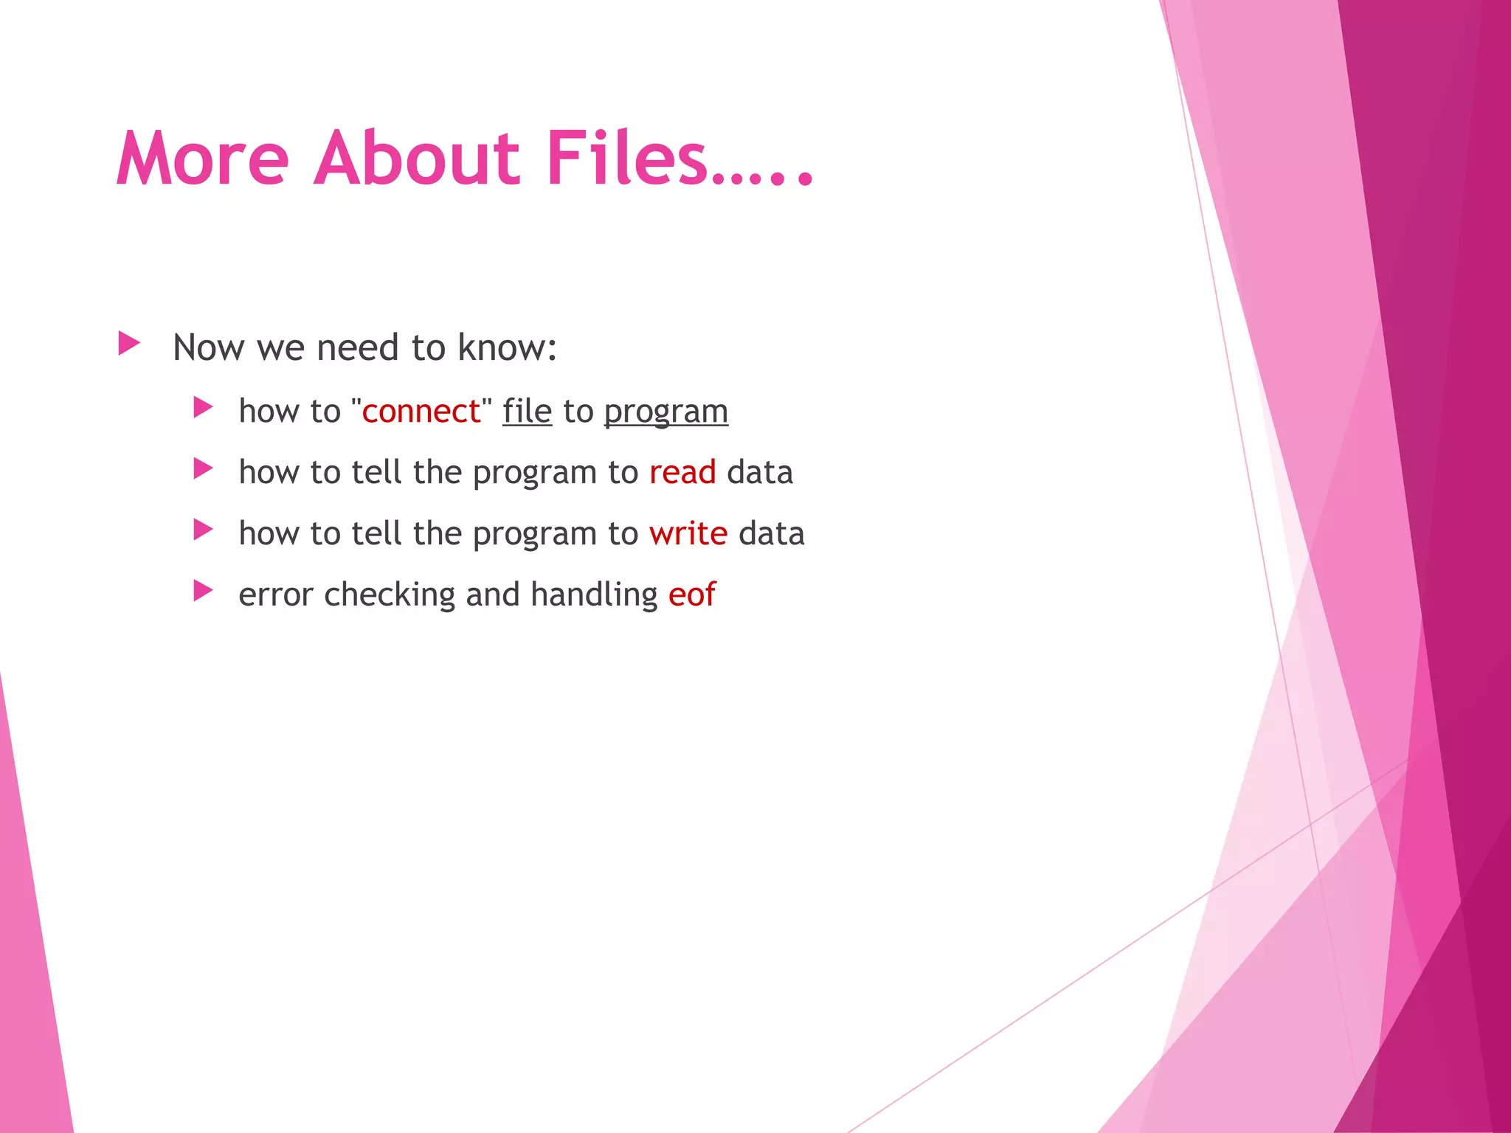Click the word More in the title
tap(203, 158)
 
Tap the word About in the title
tap(417, 158)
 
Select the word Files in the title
tap(627, 158)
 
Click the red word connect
tap(421, 412)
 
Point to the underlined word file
tap(527, 412)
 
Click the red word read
tap(682, 473)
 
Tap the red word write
tap(688, 534)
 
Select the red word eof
tap(691, 595)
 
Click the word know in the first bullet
tap(506, 347)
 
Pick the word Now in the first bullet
tap(208, 347)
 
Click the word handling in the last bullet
tap(594, 595)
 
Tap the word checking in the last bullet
tap(390, 595)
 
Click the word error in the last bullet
tap(276, 595)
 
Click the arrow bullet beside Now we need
tap(129, 343)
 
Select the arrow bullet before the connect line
tap(203, 407)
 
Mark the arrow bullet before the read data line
tap(203, 468)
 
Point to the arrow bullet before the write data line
tap(203, 530)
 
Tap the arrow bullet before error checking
tap(203, 590)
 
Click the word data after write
tap(771, 534)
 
